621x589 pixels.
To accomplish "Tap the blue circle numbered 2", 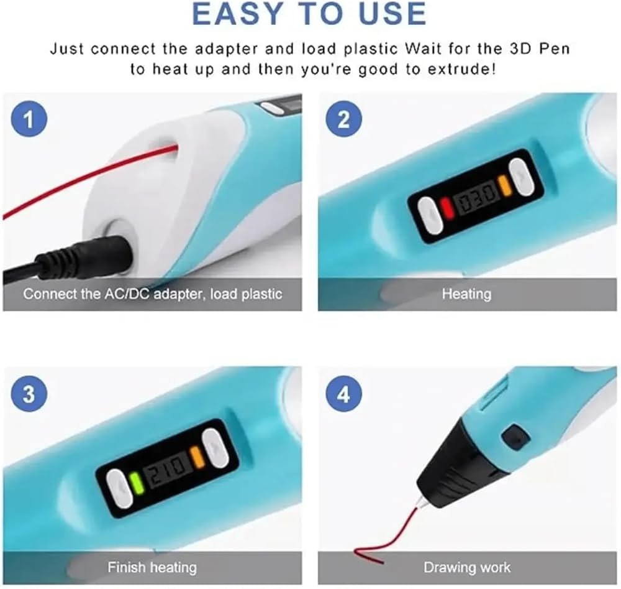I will [344, 119].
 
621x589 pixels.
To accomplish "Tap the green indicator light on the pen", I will [137, 483].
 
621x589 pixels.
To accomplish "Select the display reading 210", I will [168, 467].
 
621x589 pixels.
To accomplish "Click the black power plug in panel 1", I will [93, 254].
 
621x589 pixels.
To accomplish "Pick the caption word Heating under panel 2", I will [466, 294].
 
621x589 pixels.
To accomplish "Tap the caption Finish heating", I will [152, 567].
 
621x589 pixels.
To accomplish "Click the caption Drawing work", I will [467, 567].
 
